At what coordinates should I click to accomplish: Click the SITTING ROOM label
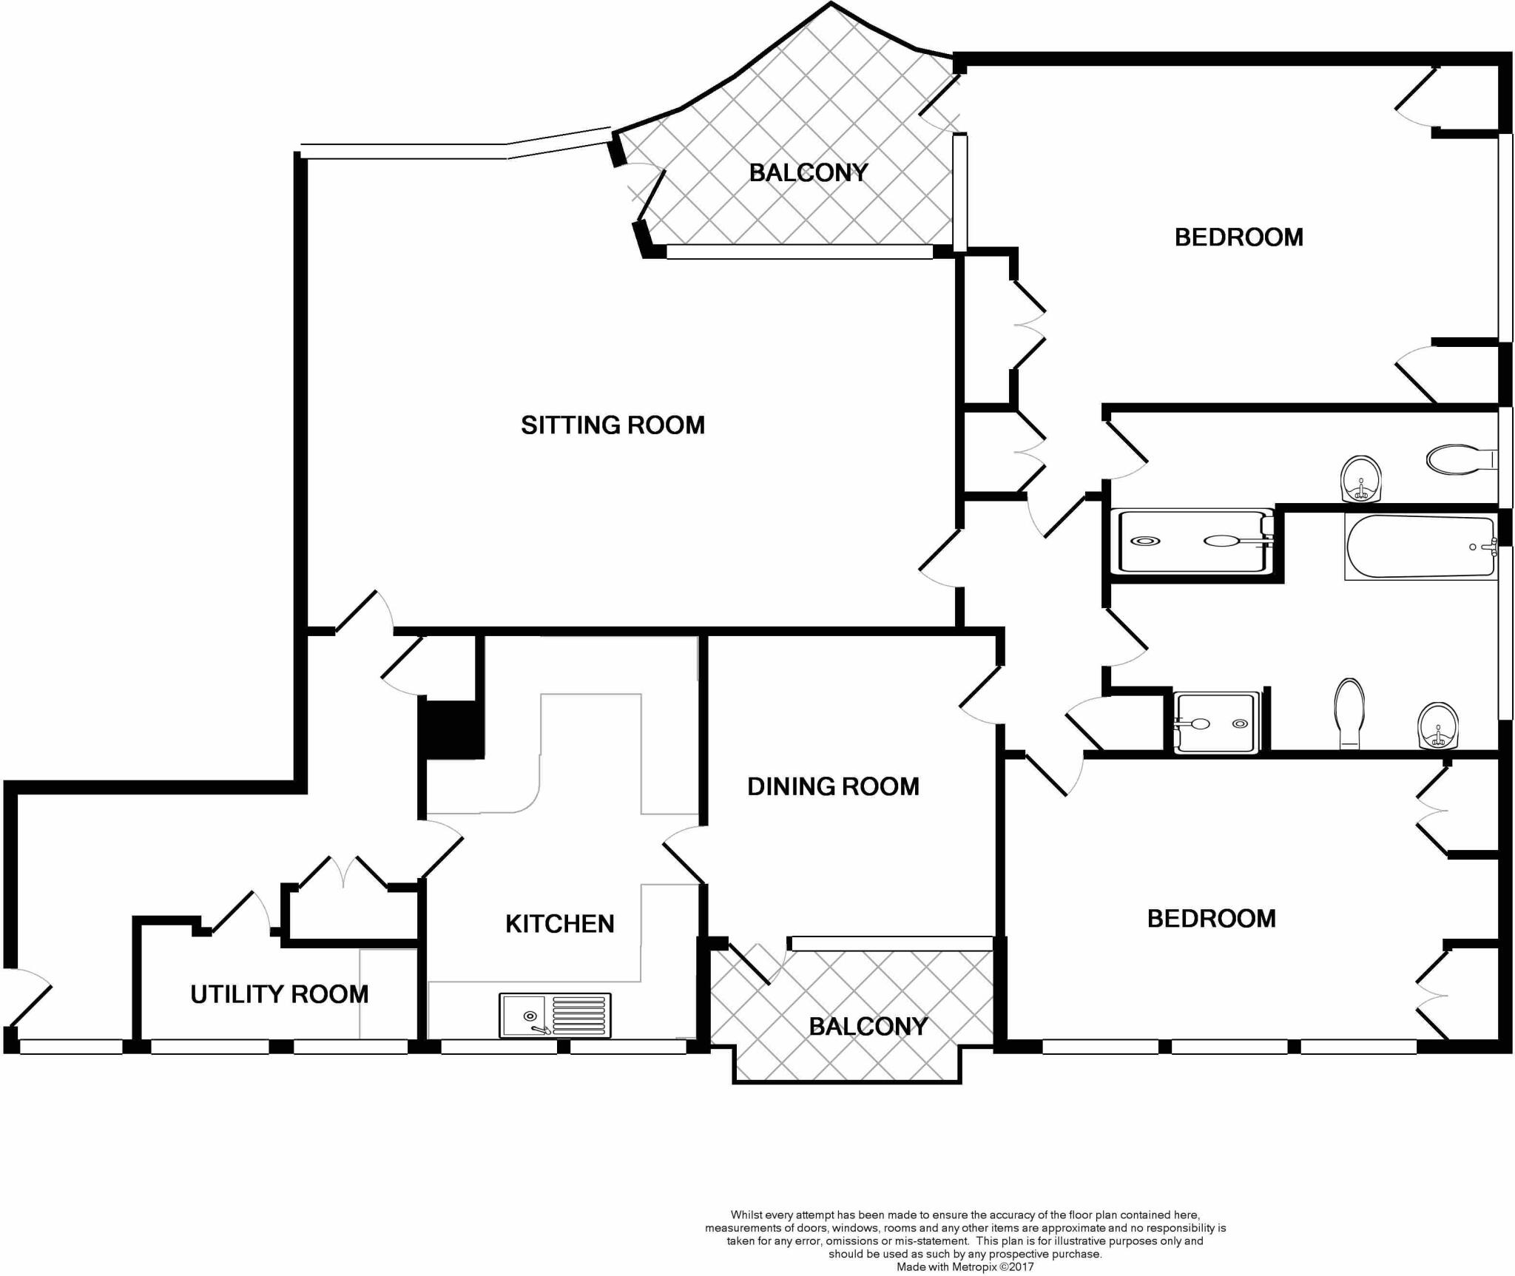click(x=613, y=425)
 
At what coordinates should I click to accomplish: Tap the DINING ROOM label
click(x=833, y=786)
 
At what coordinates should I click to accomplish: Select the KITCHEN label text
click(x=560, y=924)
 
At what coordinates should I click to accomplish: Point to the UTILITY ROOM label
click(x=279, y=995)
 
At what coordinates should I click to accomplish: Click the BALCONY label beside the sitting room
click(x=809, y=173)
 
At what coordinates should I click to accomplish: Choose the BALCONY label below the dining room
click(x=868, y=1027)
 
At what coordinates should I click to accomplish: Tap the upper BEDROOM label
click(x=1239, y=237)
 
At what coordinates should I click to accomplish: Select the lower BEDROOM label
click(x=1212, y=919)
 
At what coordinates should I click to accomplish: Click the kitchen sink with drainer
click(x=555, y=1015)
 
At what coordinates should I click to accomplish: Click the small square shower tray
click(x=1216, y=723)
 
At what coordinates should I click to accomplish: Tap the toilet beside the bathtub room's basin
click(x=1351, y=714)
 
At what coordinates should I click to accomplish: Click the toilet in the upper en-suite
click(x=1455, y=459)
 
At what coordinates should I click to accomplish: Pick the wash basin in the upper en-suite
click(x=1361, y=479)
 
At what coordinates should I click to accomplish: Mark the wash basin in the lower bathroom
click(x=1438, y=726)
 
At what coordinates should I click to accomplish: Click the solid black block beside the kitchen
click(x=451, y=729)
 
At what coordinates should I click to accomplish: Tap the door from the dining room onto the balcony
click(x=755, y=962)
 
